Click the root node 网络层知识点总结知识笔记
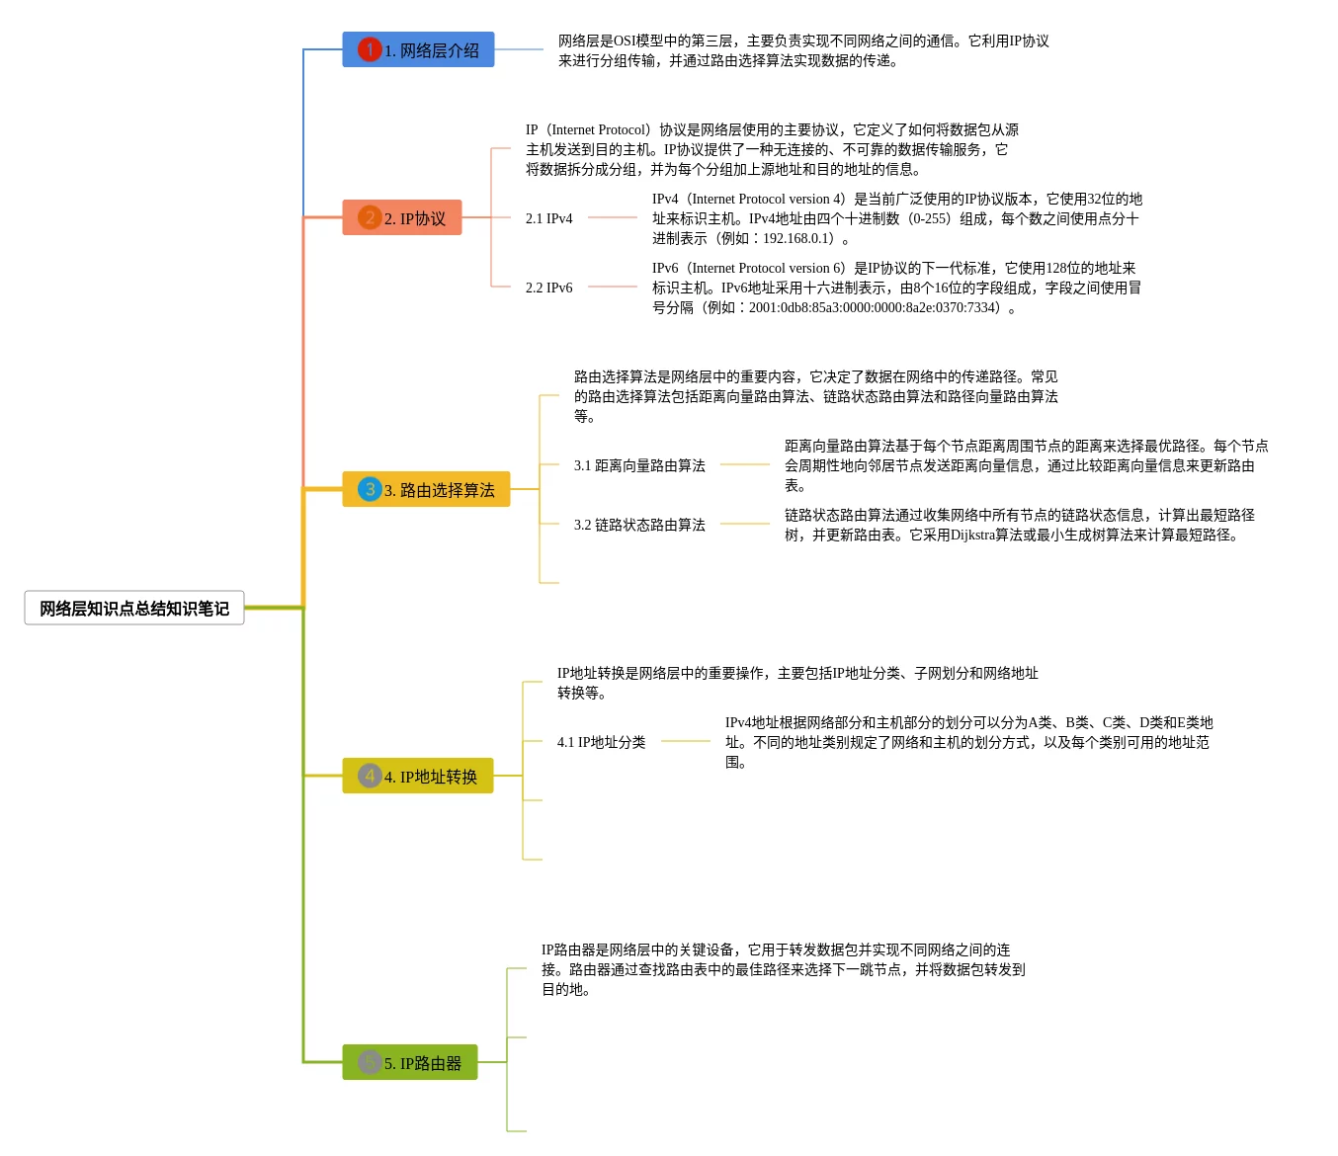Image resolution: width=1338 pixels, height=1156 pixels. pyautogui.click(x=134, y=609)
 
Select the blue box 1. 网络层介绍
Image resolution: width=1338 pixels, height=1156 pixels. pyautogui.click(x=418, y=50)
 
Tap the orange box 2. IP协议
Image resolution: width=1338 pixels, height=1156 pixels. pyautogui.click(x=402, y=218)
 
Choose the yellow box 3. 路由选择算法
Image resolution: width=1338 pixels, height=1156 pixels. pyautogui.click(x=426, y=490)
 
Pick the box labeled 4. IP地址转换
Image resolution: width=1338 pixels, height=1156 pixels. pyautogui.click(x=418, y=777)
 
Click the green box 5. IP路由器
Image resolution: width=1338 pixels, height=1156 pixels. pyautogui.click(x=410, y=1063)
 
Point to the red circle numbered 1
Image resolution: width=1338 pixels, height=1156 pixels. pyautogui.click(x=370, y=49)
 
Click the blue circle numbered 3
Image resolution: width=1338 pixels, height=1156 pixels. pyautogui.click(x=370, y=489)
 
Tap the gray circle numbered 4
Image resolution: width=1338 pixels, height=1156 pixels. pyautogui.click(x=370, y=776)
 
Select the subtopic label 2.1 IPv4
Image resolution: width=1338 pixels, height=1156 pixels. pyautogui.click(x=549, y=218)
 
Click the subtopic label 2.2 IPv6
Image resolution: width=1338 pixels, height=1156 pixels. pyautogui.click(x=549, y=288)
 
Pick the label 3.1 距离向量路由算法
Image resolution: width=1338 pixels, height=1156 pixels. pyautogui.click(x=639, y=465)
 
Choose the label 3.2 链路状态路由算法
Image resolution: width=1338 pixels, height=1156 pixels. pyautogui.click(x=639, y=525)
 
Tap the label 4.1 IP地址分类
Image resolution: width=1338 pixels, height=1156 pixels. pyautogui.click(x=601, y=742)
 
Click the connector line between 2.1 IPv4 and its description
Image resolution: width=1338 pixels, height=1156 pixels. pyautogui.click(x=613, y=218)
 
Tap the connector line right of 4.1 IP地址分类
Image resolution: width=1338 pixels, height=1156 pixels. pyautogui.click(x=686, y=742)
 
